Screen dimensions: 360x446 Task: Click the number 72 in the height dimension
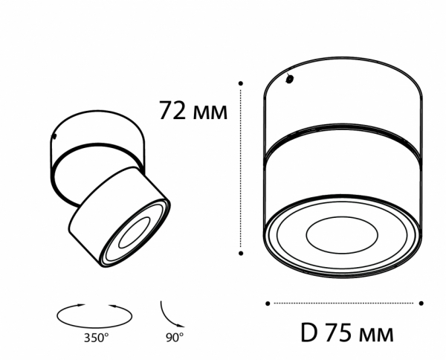click(x=172, y=110)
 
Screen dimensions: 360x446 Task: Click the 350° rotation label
click(x=96, y=338)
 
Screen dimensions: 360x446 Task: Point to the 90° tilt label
click(x=174, y=338)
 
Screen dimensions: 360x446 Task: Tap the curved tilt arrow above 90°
click(x=169, y=312)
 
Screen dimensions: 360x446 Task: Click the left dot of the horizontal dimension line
click(x=267, y=303)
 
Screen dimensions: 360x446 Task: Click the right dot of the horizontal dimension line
click(x=421, y=303)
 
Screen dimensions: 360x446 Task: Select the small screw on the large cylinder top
click(x=291, y=78)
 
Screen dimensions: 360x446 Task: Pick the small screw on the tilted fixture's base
click(x=54, y=135)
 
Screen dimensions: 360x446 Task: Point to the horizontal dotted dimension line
click(x=343, y=303)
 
